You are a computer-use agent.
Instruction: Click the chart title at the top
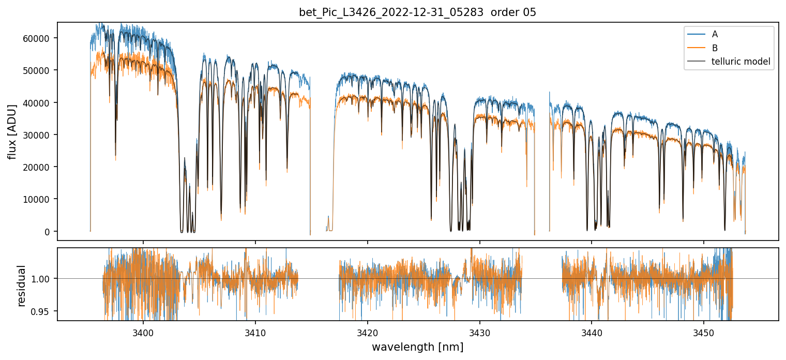pyautogui.click(x=417, y=12)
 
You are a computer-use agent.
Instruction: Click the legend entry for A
pyautogui.click(x=715, y=34)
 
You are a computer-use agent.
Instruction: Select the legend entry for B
pyautogui.click(x=715, y=48)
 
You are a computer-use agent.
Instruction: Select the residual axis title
pyautogui.click(x=21, y=286)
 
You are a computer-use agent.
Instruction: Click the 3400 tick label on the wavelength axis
pyautogui.click(x=143, y=332)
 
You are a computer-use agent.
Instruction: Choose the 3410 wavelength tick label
pyautogui.click(x=255, y=332)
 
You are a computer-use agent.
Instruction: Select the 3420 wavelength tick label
pyautogui.click(x=368, y=332)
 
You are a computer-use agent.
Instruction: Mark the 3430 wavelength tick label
pyautogui.click(x=480, y=332)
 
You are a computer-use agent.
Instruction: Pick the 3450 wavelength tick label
pyautogui.click(x=704, y=332)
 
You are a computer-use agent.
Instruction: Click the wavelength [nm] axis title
pyautogui.click(x=417, y=347)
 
